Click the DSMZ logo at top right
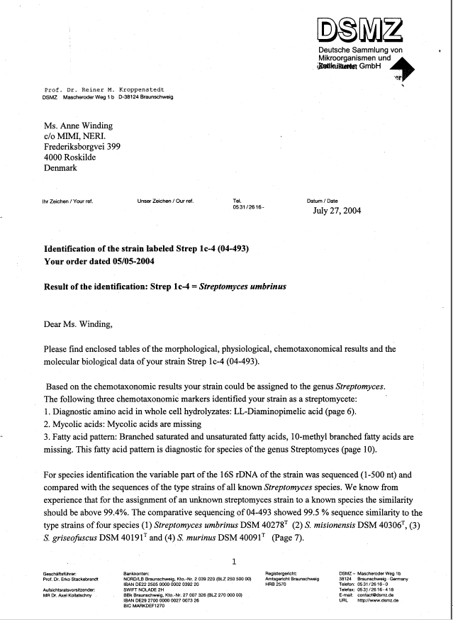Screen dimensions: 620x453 click(x=359, y=31)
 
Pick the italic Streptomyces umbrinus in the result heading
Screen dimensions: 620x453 click(x=243, y=288)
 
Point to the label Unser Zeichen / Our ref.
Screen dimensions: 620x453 click(x=165, y=201)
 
